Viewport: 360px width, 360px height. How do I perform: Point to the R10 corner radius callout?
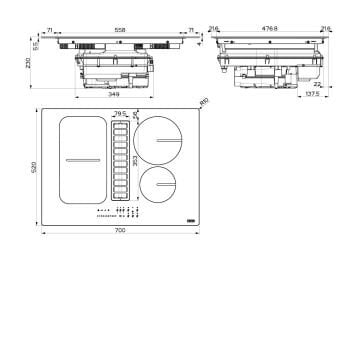click(204, 102)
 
